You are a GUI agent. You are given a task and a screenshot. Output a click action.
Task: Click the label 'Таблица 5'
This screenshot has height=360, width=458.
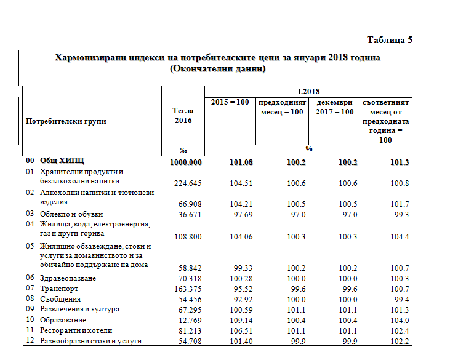389,40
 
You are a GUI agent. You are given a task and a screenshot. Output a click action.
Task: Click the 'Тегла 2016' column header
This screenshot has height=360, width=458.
183,116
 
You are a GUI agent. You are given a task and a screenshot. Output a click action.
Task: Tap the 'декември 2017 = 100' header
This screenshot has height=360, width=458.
335,106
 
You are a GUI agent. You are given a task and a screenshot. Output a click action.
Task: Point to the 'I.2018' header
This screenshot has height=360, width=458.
307,90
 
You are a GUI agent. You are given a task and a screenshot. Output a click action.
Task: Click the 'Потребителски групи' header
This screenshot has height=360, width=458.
66,121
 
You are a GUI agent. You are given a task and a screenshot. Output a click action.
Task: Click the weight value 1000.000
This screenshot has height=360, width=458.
186,162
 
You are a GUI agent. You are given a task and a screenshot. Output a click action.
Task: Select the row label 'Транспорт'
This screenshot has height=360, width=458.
60,289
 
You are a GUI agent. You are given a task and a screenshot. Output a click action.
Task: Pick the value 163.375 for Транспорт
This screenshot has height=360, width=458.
187,289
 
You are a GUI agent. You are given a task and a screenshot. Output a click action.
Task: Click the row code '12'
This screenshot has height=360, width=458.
30,341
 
